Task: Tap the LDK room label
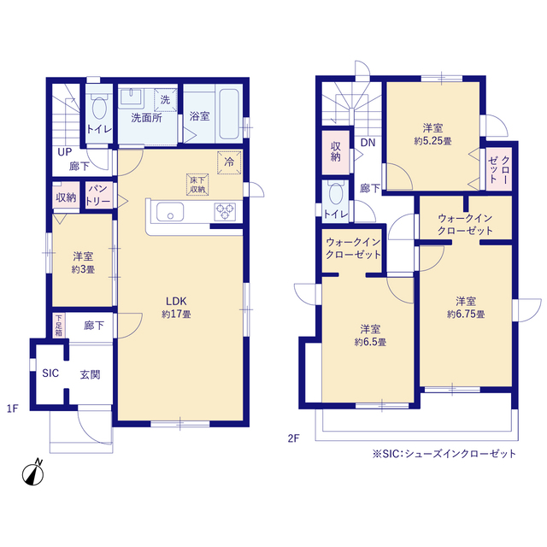pos(176,301)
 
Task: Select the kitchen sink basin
pos(170,211)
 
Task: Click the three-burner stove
pos(225,211)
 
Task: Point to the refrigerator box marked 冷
pos(229,162)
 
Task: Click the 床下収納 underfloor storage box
pos(197,185)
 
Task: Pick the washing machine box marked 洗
pos(165,100)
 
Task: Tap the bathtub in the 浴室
pos(229,114)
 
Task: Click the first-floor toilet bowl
pos(99,108)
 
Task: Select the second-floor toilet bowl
pos(336,193)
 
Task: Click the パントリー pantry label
pos(98,195)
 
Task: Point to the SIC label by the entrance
pos(50,373)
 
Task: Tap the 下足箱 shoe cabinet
pos(59,326)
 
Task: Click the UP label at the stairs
pos(65,152)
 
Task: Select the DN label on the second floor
pos(368,143)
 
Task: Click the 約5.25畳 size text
pos(433,141)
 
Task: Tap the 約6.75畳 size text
pos(466,315)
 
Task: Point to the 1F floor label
pos(13,409)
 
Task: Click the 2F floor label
pos(294,438)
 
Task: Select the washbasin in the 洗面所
pos(132,97)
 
